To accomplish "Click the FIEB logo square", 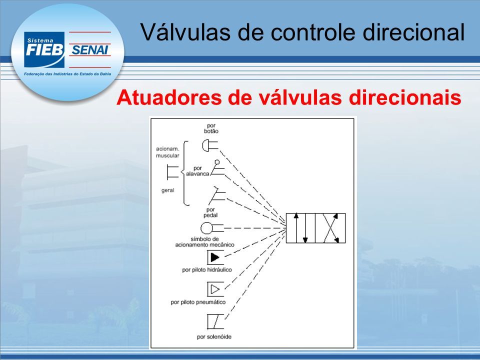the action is coord(44,49).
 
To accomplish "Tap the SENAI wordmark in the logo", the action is coord(89,49).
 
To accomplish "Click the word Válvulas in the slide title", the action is coord(185,32).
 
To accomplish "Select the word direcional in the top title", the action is coord(414,32).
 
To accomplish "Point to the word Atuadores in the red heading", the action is coord(169,97).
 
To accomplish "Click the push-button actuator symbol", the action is coord(210,145).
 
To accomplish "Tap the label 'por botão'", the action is coord(211,128).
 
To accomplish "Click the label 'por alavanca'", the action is coord(198,171).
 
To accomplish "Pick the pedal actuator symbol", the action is coord(217,195).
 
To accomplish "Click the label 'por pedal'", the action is coord(210,212).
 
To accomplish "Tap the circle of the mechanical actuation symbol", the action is coord(206,228).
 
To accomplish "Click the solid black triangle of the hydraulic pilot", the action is coord(215,257).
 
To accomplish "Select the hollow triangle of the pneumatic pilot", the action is coord(215,289).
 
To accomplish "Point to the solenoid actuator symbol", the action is coord(215,321).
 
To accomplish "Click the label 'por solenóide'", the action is coord(214,336).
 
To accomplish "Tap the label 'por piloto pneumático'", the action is coord(198,302).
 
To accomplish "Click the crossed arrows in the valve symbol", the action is coord(330,228).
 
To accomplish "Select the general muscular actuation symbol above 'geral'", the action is coord(172,171).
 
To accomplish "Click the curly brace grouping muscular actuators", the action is coord(184,173).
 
